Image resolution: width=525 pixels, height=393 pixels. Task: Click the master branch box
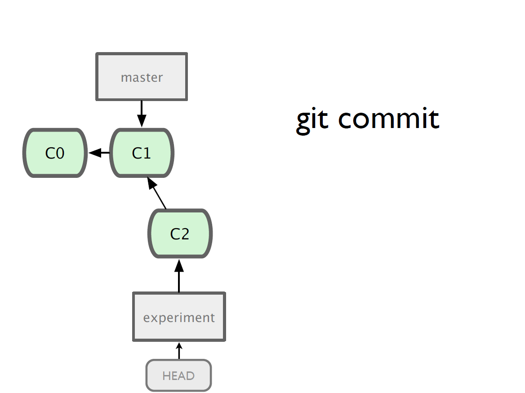click(x=142, y=77)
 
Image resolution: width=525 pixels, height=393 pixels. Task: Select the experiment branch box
click(x=179, y=317)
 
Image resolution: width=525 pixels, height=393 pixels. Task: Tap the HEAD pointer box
click(x=179, y=375)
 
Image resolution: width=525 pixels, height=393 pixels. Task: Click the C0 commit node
click(x=55, y=153)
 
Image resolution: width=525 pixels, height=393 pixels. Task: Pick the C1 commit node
click(x=142, y=153)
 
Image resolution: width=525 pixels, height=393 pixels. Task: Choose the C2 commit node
click(x=180, y=234)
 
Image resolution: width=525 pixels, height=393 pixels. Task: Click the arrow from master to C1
click(x=142, y=114)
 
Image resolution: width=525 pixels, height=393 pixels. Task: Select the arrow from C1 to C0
click(x=99, y=153)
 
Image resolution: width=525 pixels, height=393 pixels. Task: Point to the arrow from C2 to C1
click(x=157, y=193)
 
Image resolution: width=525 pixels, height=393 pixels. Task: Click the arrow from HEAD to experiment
click(x=179, y=350)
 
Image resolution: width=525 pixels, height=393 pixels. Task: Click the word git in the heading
click(x=312, y=120)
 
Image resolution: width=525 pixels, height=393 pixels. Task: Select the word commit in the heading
click(x=389, y=119)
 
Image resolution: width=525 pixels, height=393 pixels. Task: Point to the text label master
click(x=142, y=78)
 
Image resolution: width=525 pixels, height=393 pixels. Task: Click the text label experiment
click(x=179, y=318)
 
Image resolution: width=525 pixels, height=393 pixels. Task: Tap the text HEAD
click(x=178, y=376)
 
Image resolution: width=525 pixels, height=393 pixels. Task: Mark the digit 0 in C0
click(x=60, y=153)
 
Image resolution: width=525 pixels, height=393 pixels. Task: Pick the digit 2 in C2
click(x=184, y=234)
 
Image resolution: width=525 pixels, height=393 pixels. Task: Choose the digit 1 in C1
click(x=147, y=153)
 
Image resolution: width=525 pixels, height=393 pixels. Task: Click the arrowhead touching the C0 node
click(x=95, y=153)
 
